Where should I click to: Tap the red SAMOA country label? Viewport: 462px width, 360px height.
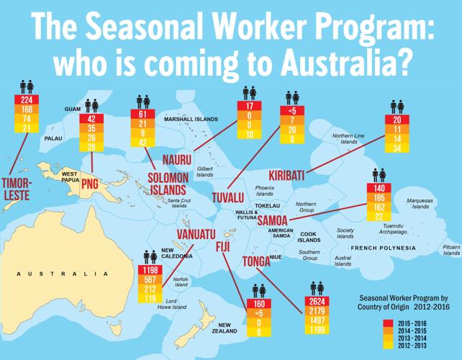coord(273,220)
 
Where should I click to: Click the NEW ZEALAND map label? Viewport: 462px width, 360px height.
coord(235,328)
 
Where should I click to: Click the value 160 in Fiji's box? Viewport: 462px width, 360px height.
coord(259,304)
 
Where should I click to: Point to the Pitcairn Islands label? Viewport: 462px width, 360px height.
coord(450,248)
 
